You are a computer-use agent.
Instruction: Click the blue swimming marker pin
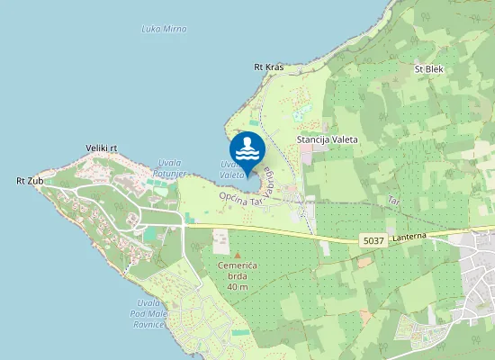pyautogui.click(x=247, y=151)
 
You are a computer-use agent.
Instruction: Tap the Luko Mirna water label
pyautogui.click(x=164, y=29)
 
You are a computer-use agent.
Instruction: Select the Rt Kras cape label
pyautogui.click(x=268, y=67)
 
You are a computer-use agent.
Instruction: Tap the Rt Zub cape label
pyautogui.click(x=30, y=181)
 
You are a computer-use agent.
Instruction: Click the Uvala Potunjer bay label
pyautogui.click(x=169, y=167)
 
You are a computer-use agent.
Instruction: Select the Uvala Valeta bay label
pyautogui.click(x=231, y=169)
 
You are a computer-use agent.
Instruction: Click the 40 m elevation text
pyautogui.click(x=238, y=286)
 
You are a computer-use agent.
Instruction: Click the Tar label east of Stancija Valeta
pyautogui.click(x=392, y=199)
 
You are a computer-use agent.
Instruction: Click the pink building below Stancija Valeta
pyautogui.click(x=306, y=155)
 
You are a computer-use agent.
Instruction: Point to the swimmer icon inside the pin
pyautogui.click(x=247, y=147)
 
